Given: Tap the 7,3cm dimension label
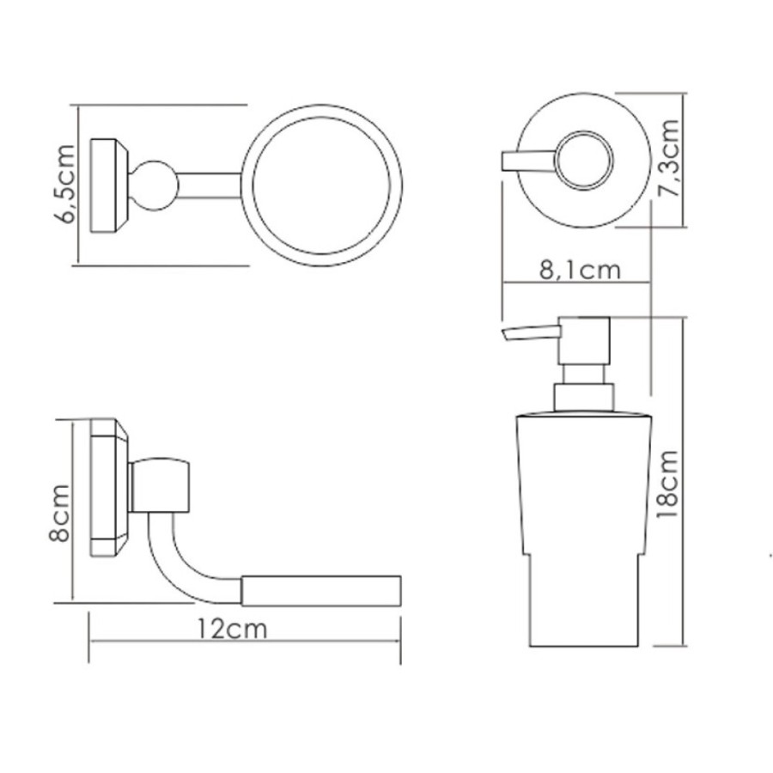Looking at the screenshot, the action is [669, 158].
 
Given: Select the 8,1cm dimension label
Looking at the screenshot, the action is [580, 271].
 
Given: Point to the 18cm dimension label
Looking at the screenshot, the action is [668, 484].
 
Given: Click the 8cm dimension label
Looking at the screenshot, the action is [59, 514].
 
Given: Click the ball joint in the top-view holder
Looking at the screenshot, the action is [155, 186].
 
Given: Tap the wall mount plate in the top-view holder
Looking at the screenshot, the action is [109, 186].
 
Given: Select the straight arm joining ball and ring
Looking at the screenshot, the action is [210, 186].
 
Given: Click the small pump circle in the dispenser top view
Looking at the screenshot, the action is [585, 161].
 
